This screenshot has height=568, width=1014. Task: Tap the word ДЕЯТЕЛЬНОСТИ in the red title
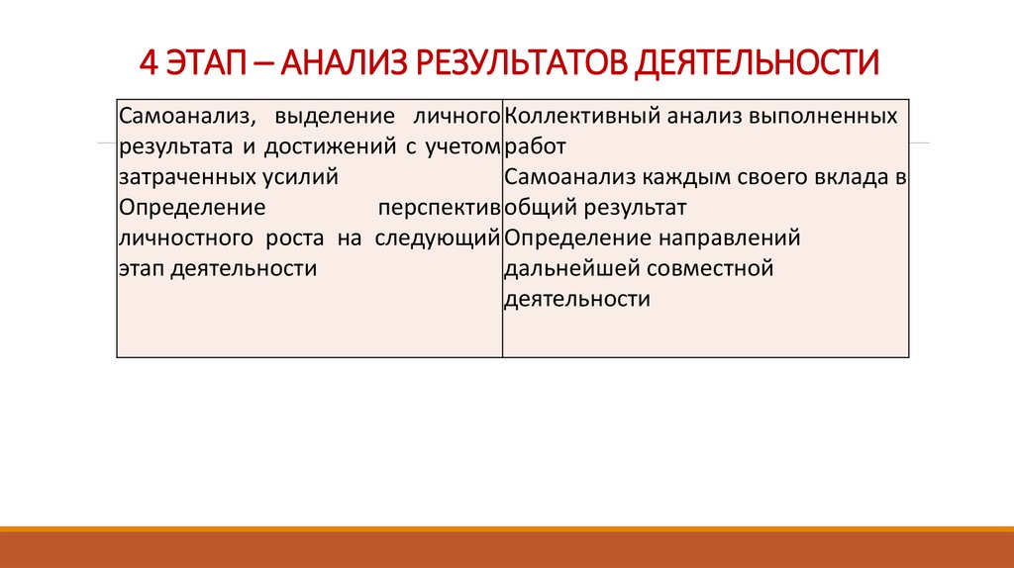(756, 62)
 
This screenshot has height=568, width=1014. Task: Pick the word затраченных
(178, 178)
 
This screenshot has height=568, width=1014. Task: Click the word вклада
(854, 178)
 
